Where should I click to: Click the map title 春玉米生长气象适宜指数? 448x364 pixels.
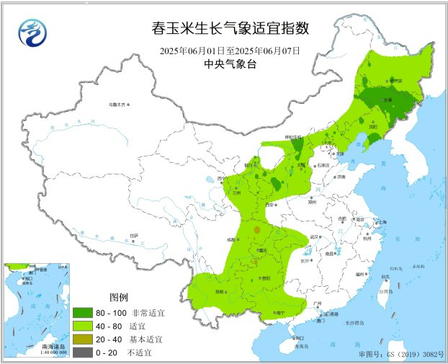pos(230,30)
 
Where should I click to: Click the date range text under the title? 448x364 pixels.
pos(230,51)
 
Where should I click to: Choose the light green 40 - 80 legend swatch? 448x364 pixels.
pos(82,326)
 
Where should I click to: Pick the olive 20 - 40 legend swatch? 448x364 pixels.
pos(82,339)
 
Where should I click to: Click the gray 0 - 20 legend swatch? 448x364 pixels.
pos(82,351)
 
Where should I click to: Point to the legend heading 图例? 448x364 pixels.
pos(118,298)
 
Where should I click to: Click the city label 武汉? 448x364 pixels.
pos(314,236)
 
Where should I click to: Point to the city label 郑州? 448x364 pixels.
pos(313,203)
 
